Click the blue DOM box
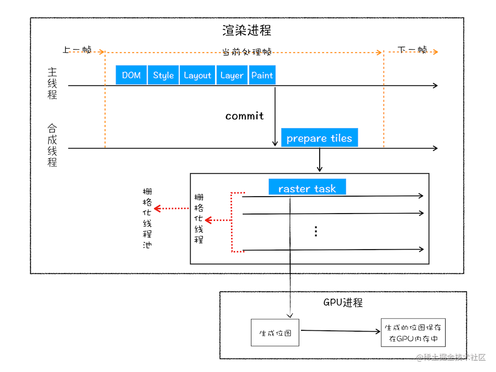click(x=131, y=75)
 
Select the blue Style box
click(x=163, y=75)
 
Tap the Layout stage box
click(x=197, y=75)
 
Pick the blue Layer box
click(x=231, y=75)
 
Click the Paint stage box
click(x=262, y=75)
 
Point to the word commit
click(x=245, y=116)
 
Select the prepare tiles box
click(x=319, y=138)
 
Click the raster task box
click(x=307, y=188)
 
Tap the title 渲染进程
click(x=247, y=30)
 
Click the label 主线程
click(x=52, y=83)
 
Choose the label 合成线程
click(x=52, y=145)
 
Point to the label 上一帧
click(x=77, y=49)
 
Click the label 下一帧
click(x=412, y=49)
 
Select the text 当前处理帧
click(x=247, y=52)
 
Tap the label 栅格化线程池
click(x=147, y=218)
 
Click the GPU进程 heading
click(x=343, y=303)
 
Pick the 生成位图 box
click(x=275, y=333)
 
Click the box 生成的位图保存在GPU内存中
click(x=413, y=333)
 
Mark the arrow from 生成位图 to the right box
click(x=340, y=331)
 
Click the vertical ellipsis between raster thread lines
click(x=316, y=231)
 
